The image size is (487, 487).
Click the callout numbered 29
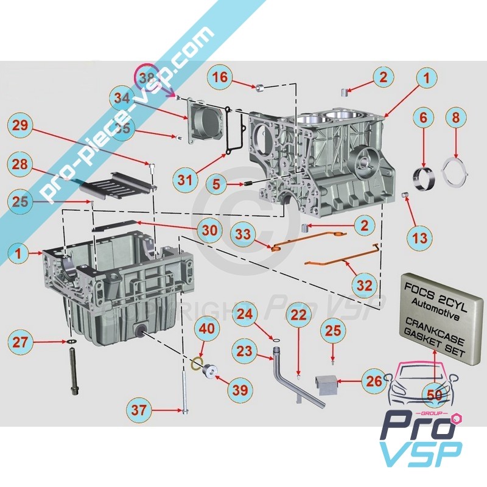[20, 126]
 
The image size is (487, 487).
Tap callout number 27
[21, 342]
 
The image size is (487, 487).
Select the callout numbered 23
[244, 351]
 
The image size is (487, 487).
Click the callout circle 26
[374, 382]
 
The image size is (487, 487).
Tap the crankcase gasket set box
[434, 316]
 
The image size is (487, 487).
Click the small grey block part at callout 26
[326, 384]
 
